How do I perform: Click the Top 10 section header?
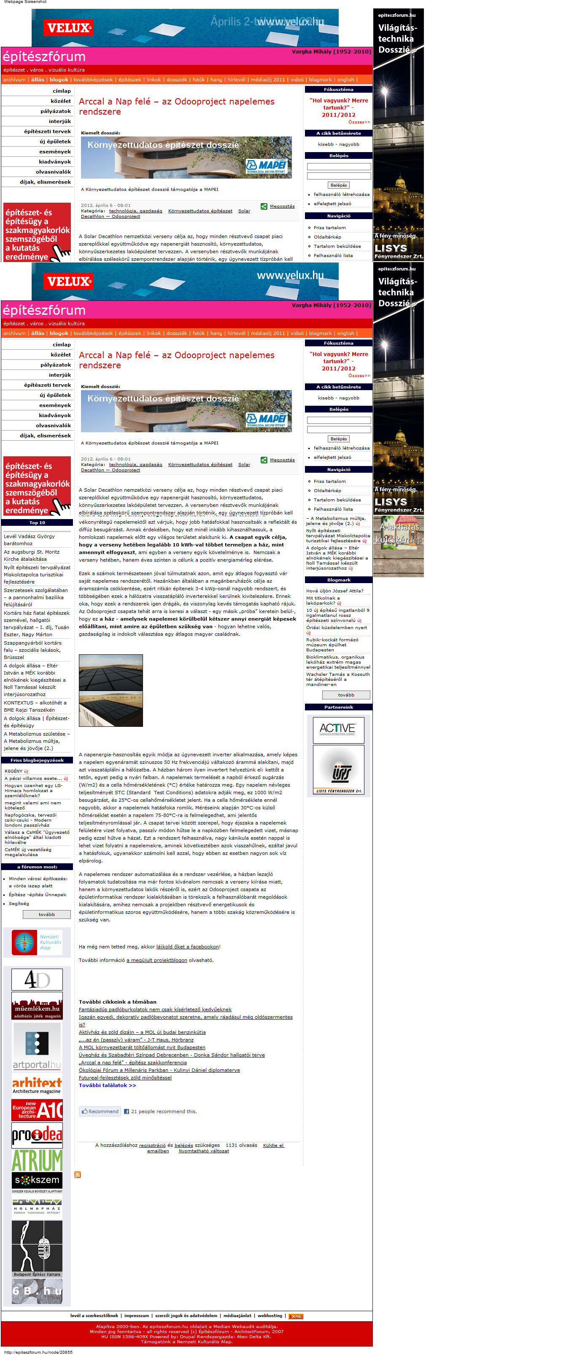[37, 522]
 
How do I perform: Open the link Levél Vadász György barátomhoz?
[29, 540]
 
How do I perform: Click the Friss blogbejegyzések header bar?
[37, 760]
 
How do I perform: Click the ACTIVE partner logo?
[338, 730]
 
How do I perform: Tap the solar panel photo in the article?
[111, 690]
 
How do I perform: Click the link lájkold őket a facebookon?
[187, 947]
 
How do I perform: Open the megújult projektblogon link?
[157, 960]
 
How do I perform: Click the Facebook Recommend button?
[100, 1111]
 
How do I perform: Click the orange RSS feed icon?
[77, 1175]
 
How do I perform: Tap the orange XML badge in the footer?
[296, 1316]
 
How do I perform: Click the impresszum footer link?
[136, 1315]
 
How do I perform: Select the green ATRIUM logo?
[37, 1160]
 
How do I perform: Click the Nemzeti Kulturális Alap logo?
[37, 942]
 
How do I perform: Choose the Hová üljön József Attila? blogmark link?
[335, 591]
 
